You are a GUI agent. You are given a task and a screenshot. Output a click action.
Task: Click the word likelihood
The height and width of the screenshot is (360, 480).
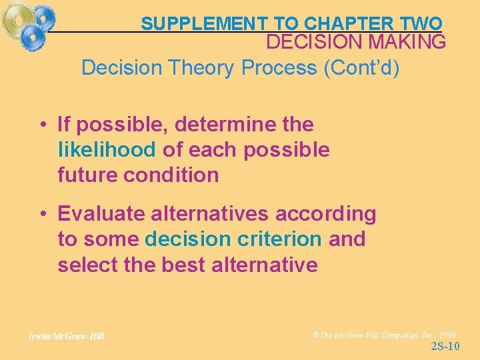click(107, 150)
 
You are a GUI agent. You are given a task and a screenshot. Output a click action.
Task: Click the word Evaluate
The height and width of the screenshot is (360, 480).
click(100, 214)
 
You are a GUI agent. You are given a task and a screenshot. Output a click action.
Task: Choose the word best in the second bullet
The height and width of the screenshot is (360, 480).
click(183, 265)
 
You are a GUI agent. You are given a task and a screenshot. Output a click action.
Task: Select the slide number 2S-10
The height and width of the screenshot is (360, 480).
click(445, 346)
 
